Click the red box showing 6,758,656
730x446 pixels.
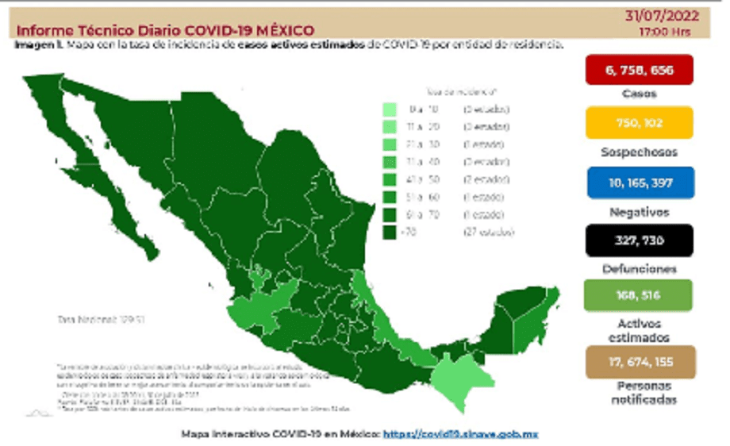click(x=639, y=70)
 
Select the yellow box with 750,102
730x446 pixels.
click(x=639, y=123)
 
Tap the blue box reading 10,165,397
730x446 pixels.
click(x=639, y=183)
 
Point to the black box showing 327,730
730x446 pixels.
click(x=639, y=240)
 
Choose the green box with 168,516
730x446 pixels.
click(x=639, y=295)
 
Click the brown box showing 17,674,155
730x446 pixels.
click(x=639, y=361)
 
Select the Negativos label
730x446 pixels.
click(x=639, y=212)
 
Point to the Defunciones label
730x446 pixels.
click(x=639, y=269)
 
